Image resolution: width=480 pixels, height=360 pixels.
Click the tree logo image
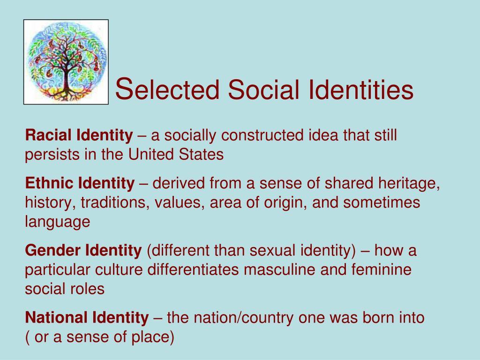(x=66, y=61)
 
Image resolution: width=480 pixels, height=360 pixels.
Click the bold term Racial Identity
(x=79, y=136)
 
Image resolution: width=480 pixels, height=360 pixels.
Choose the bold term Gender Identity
(x=82, y=251)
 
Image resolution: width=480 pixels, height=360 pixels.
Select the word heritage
(x=409, y=183)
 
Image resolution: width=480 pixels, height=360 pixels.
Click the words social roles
(x=65, y=289)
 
